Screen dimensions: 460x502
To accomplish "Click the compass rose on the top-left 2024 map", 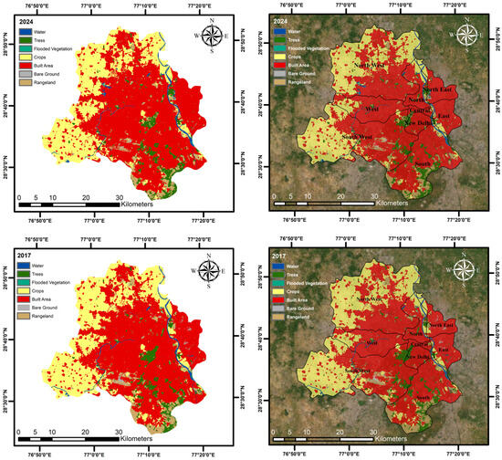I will pyautogui.click(x=212, y=37).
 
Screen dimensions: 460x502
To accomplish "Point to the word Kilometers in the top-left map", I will pyautogui.click(x=144, y=206).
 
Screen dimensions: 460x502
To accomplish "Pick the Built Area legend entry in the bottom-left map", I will pyautogui.click(x=38, y=301).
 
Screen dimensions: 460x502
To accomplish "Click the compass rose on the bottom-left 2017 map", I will pyautogui.click(x=212, y=270).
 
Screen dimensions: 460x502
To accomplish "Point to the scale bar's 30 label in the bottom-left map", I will pyautogui.click(x=119, y=432).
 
